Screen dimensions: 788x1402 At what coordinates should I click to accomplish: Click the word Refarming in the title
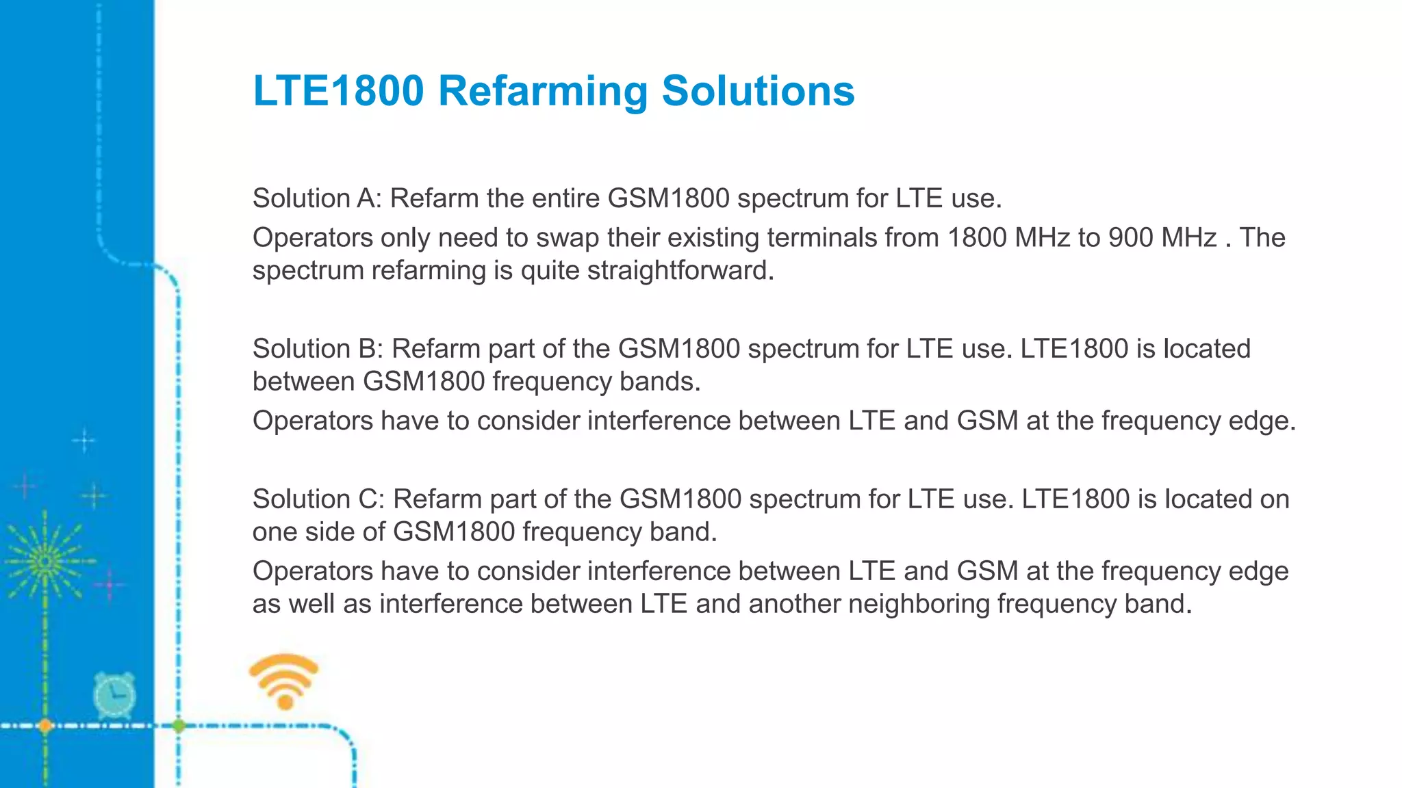(542, 91)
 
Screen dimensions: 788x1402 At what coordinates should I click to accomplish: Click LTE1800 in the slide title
(338, 91)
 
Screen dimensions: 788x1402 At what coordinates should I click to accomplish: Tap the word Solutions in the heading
(758, 91)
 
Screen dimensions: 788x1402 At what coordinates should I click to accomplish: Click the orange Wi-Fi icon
(284, 681)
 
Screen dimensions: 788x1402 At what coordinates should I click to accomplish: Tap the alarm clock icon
(114, 695)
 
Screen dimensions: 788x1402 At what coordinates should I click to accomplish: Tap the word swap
(568, 238)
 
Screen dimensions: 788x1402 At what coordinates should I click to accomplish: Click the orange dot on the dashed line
(45, 726)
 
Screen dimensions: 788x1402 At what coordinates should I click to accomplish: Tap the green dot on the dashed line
(179, 726)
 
